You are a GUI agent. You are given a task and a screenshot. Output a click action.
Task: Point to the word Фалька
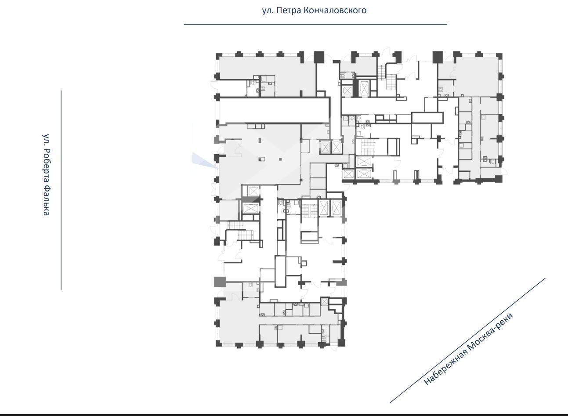[46, 201]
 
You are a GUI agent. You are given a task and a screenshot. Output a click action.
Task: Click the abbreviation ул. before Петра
[268, 11]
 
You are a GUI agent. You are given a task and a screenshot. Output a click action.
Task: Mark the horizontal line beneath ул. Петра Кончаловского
[315, 24]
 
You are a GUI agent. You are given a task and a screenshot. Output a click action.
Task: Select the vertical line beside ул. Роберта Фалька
[61, 190]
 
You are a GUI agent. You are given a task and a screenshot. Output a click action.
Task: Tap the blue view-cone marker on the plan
[204, 160]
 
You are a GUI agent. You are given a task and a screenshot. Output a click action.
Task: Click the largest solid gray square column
[220, 282]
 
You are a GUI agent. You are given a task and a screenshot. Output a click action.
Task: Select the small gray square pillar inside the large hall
[280, 159]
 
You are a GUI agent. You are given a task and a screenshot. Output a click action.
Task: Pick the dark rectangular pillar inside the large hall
[262, 159]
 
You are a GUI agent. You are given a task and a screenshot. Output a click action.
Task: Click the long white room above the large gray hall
[274, 111]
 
